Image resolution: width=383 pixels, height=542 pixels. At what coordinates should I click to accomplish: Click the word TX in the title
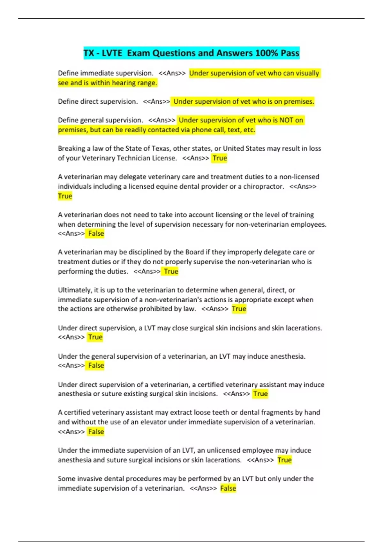point(89,53)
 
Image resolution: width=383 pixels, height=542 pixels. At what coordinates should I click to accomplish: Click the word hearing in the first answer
point(116,83)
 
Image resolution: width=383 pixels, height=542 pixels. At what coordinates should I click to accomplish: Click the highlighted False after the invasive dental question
point(228,488)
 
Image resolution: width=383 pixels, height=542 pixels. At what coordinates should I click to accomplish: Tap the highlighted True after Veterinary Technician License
point(220,158)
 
